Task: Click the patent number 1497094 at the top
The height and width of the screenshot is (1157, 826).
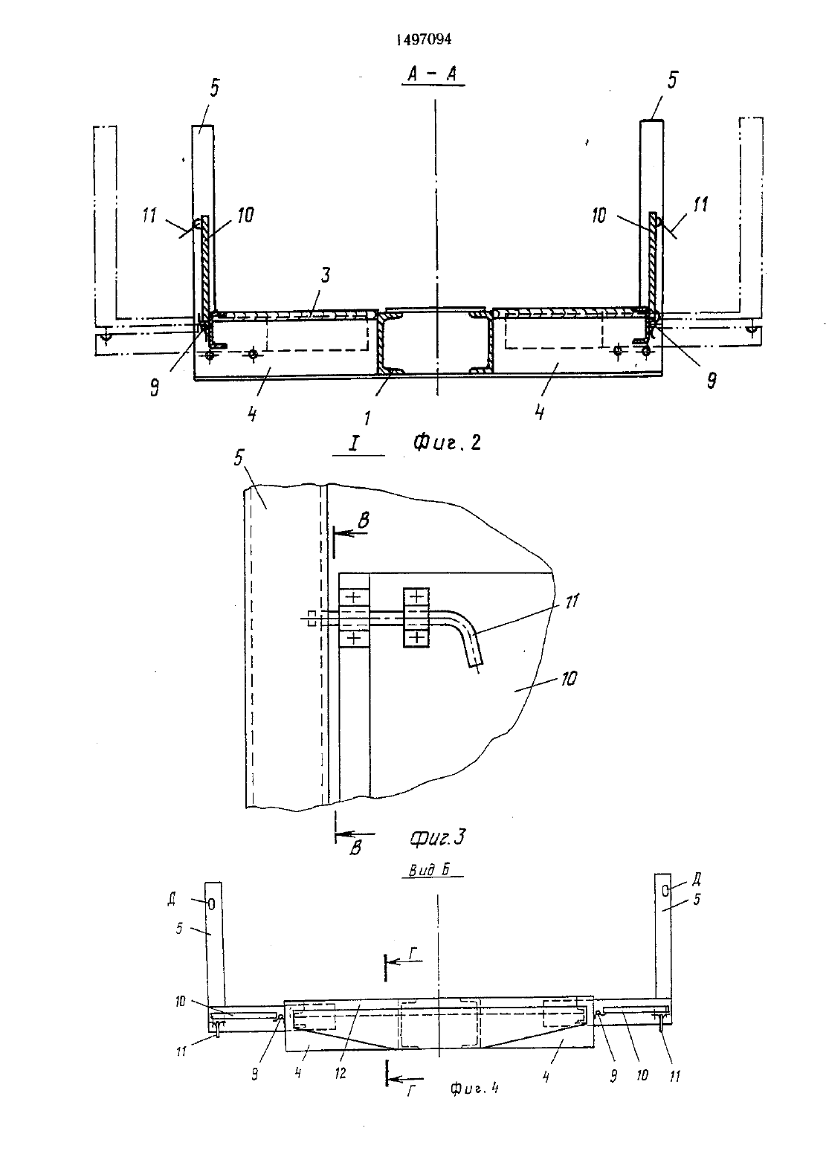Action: click(423, 39)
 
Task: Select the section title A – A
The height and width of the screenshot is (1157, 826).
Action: click(433, 74)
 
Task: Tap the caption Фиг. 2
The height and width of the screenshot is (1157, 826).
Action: click(447, 442)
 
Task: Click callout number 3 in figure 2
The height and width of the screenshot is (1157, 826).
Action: click(325, 275)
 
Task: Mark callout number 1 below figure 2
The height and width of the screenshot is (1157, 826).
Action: click(367, 417)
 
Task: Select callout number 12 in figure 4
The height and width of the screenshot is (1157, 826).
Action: click(340, 1073)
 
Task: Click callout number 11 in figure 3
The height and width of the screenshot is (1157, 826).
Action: click(572, 601)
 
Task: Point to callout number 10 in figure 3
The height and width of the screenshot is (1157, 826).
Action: click(568, 679)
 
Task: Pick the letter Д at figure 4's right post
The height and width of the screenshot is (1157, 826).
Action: click(697, 878)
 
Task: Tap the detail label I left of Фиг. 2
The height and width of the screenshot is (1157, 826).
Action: click(354, 443)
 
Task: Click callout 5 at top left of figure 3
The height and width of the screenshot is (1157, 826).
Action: click(238, 457)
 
